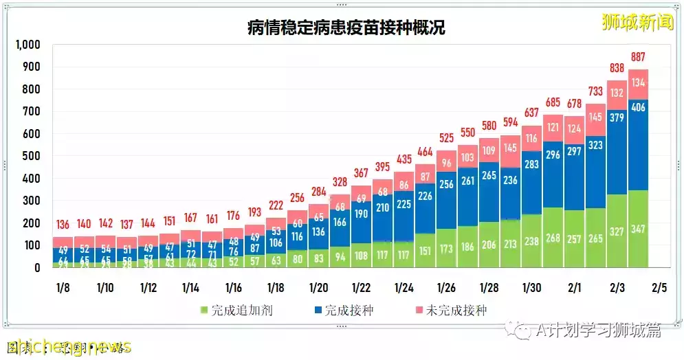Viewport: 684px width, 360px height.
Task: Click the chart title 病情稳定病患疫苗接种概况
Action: [346, 27]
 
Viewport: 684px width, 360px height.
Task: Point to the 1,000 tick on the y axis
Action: [28, 45]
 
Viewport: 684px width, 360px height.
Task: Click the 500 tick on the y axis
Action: [32, 157]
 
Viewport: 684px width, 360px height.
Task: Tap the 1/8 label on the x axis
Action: [63, 286]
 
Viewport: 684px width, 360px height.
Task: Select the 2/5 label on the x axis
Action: [659, 286]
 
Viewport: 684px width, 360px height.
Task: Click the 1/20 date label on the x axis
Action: [318, 286]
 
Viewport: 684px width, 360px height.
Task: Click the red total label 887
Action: [637, 57]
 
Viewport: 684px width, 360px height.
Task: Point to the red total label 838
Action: [617, 68]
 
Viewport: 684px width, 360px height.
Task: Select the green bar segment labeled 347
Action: [637, 229]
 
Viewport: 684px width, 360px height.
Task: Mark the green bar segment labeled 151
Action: [425, 250]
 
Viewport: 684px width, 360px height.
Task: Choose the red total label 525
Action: [446, 137]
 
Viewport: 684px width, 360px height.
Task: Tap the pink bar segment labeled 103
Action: [467, 157]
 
